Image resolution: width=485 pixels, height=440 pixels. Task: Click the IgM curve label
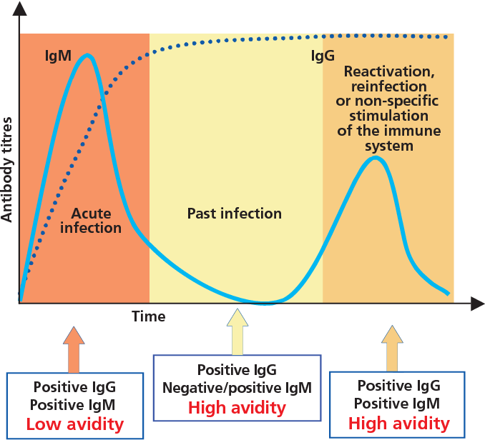click(x=57, y=54)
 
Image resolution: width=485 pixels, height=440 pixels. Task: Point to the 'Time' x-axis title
click(x=149, y=316)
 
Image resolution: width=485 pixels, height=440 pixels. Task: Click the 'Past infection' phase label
click(x=235, y=214)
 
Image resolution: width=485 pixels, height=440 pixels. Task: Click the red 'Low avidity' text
click(x=74, y=425)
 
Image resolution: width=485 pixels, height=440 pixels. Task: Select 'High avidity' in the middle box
click(x=237, y=409)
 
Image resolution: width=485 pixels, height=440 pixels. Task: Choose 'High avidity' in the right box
click(x=398, y=424)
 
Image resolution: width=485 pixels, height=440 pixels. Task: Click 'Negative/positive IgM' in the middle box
click(x=237, y=388)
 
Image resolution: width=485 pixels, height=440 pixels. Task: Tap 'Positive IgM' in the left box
click(x=74, y=405)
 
